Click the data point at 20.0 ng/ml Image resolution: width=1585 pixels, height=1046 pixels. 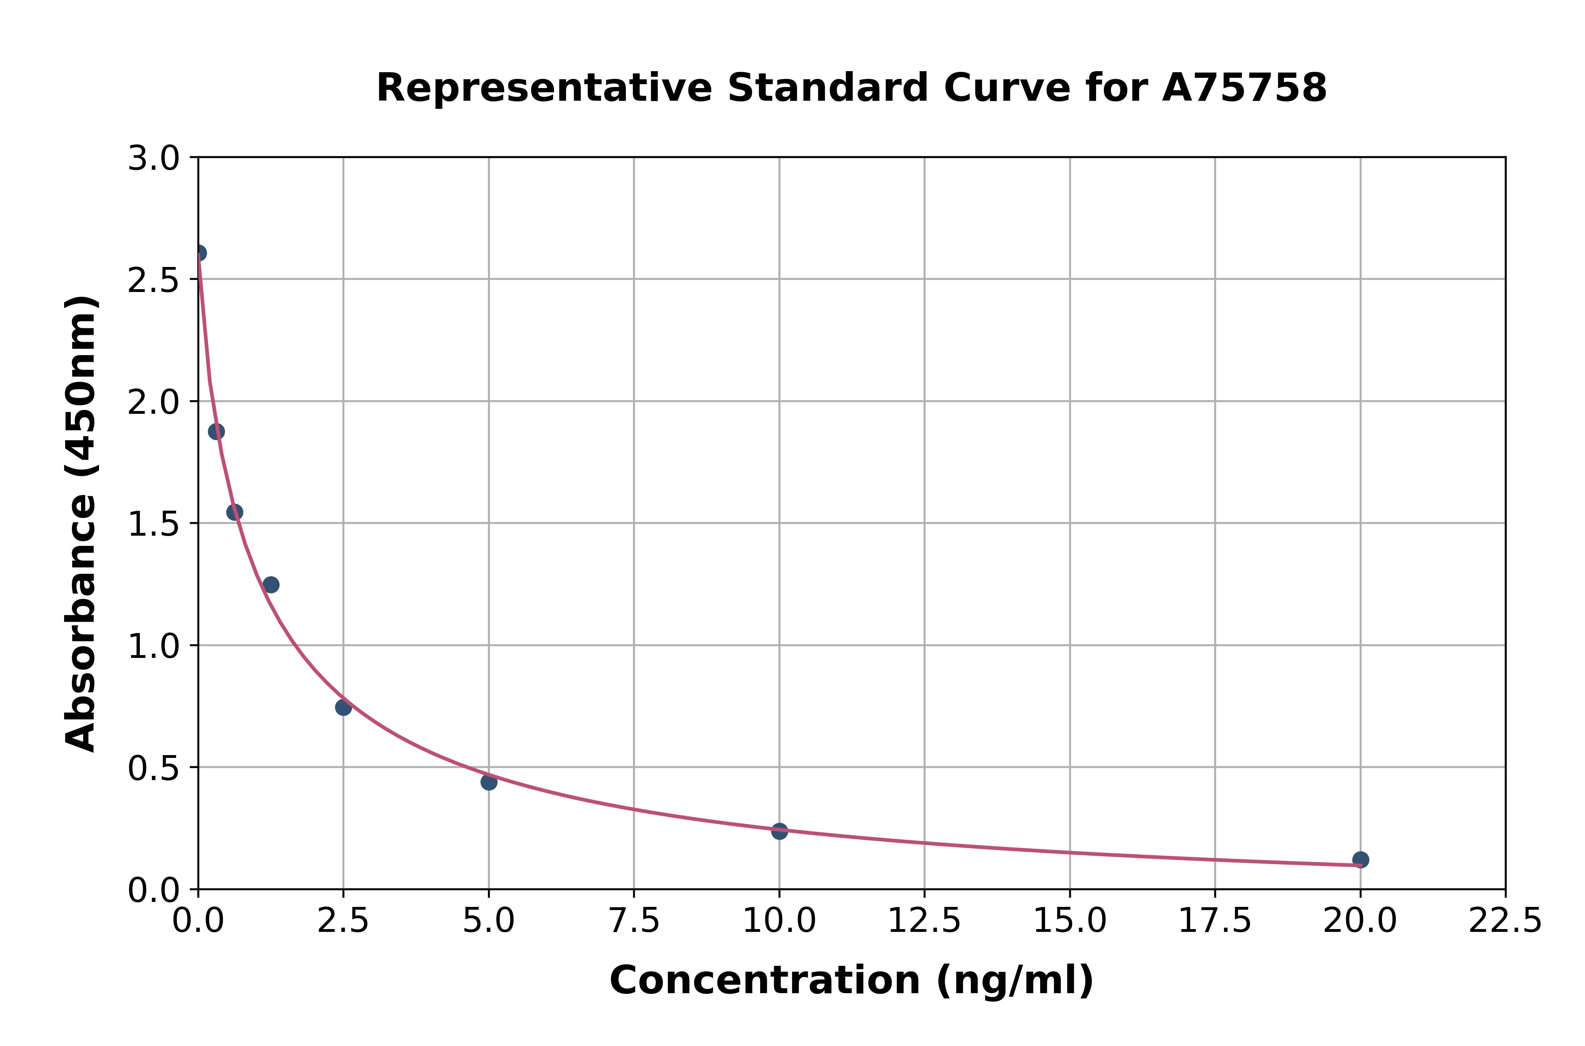coord(1360,860)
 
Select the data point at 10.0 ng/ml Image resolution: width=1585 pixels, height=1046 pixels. coord(779,831)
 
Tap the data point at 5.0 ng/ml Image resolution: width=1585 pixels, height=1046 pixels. coord(489,782)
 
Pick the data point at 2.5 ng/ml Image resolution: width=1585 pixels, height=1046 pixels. coord(343,707)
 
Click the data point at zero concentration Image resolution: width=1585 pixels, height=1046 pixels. coord(199,253)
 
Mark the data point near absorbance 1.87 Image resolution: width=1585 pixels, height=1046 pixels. coord(216,432)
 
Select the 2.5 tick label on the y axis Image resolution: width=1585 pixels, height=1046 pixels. coord(154,281)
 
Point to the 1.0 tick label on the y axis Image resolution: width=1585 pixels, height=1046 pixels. coord(154,646)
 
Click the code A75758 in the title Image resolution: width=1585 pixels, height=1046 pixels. coord(1244,88)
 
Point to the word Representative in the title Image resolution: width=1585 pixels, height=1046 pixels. coord(544,88)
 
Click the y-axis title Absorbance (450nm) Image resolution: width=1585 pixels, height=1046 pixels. coord(81,524)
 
